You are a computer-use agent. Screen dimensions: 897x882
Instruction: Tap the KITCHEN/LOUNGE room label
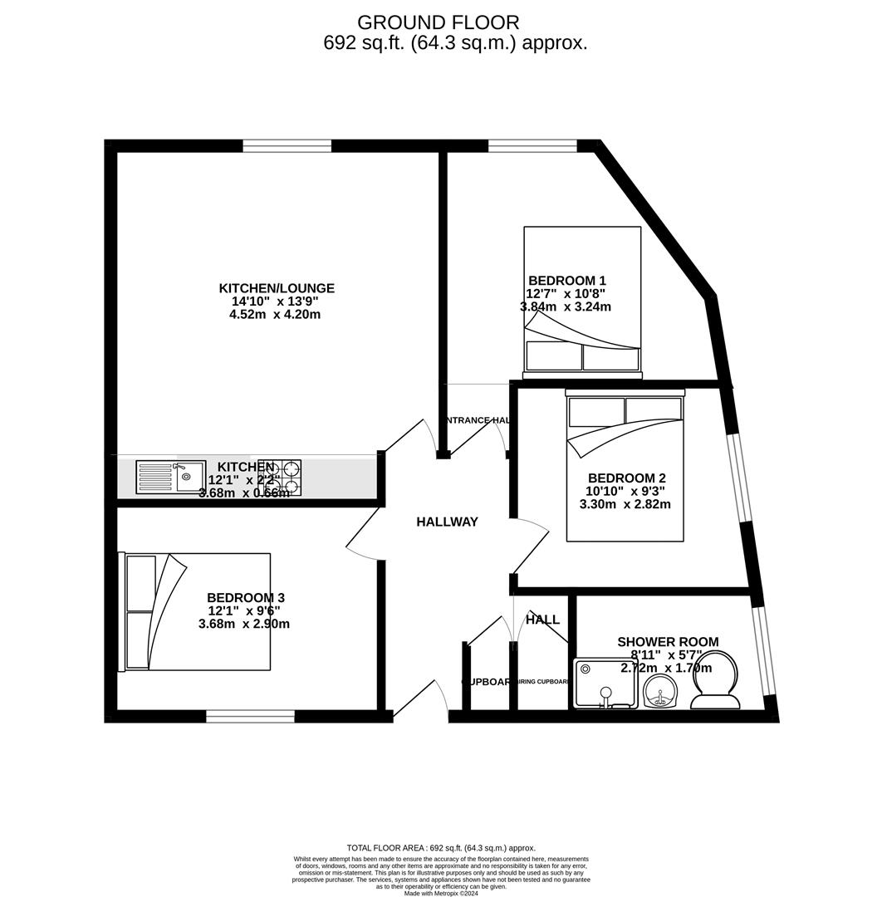click(x=277, y=288)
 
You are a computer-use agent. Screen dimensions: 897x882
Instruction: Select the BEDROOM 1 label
click(x=566, y=281)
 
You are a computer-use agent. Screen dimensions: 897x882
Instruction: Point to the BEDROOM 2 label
click(x=626, y=478)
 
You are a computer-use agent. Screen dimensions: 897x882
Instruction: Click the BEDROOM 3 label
click(x=246, y=598)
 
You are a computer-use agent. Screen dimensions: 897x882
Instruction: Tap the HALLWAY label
click(x=447, y=522)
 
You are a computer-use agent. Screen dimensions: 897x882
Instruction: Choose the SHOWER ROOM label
click(x=668, y=642)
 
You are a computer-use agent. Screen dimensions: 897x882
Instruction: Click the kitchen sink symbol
click(x=170, y=477)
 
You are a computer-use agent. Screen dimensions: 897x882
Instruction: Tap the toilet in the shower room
click(x=716, y=681)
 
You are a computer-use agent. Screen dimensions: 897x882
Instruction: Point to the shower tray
click(x=605, y=684)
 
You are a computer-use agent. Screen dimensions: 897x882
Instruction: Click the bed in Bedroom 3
click(x=198, y=611)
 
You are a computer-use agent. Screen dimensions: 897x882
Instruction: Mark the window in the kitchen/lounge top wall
click(x=287, y=147)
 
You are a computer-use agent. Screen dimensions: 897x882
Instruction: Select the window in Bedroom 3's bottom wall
click(x=250, y=716)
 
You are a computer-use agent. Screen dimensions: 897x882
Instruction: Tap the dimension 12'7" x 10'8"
click(x=566, y=293)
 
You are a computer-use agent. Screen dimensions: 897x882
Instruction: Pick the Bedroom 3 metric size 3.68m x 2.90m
click(x=244, y=624)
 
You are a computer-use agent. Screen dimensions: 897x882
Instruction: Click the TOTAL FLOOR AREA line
click(x=441, y=848)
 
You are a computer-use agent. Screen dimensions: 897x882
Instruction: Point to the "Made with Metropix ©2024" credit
click(x=441, y=893)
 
